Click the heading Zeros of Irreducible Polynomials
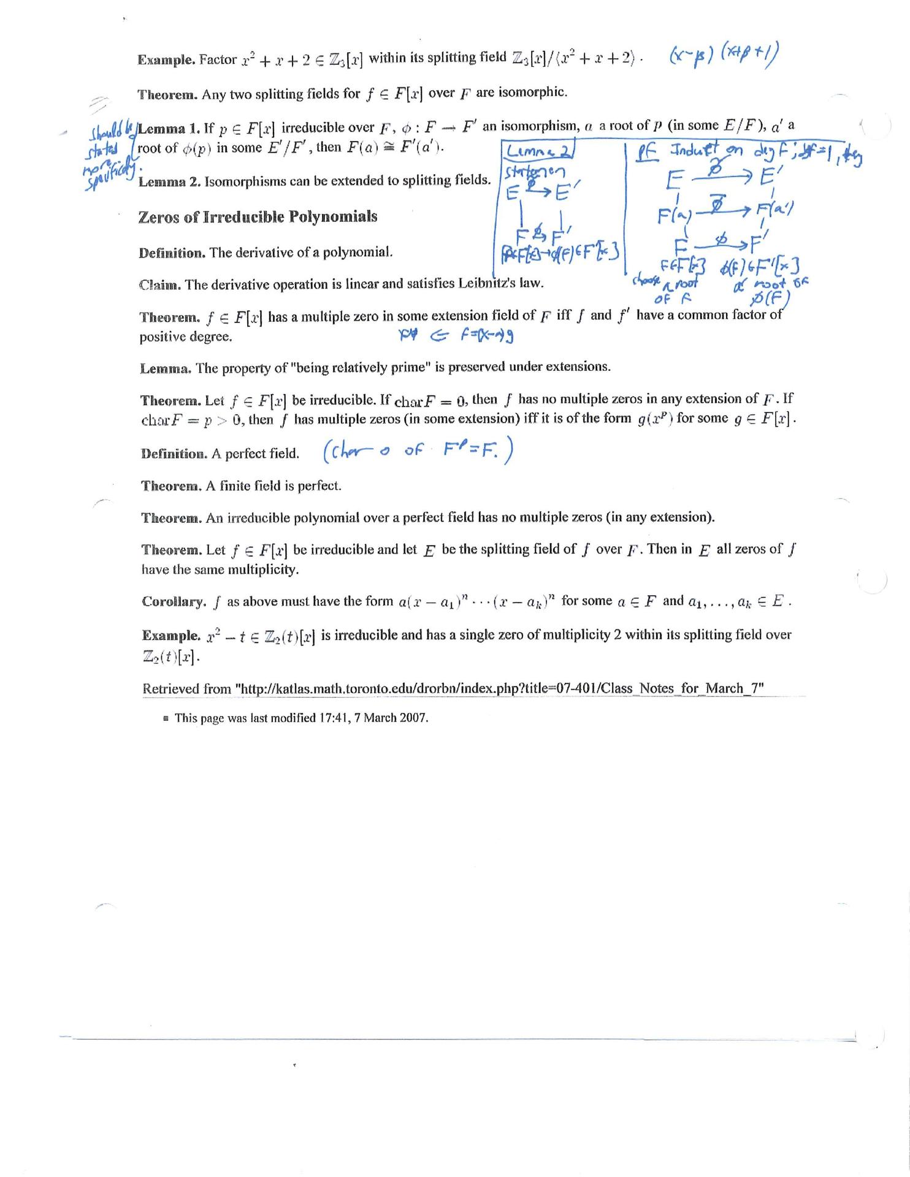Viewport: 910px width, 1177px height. [x=258, y=217]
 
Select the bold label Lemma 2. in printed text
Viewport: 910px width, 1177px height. [x=170, y=182]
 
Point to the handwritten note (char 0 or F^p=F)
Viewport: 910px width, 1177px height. [x=418, y=452]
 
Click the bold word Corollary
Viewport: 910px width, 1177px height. [x=174, y=601]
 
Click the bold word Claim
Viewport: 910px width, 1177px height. [x=159, y=285]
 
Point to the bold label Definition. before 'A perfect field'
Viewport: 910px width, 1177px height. [x=174, y=454]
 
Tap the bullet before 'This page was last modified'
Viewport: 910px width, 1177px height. [x=166, y=718]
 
